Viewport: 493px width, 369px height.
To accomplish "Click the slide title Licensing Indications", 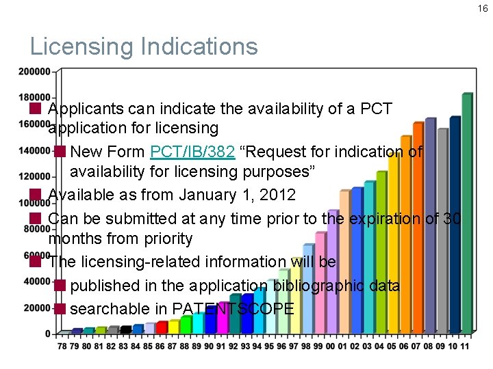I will pos(144,46).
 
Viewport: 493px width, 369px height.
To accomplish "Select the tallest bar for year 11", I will pos(467,212).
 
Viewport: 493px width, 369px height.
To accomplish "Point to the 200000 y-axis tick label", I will pos(34,71).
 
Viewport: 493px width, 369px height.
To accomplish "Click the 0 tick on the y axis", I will pos(48,333).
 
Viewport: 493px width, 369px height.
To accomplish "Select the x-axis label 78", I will pos(62,346).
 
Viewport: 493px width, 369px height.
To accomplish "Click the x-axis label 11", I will pos(465,346).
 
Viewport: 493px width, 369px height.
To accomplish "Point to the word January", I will pos(208,195).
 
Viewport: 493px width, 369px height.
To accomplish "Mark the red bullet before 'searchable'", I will pos(60,308).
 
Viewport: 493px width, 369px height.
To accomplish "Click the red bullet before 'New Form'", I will pos(60,151).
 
